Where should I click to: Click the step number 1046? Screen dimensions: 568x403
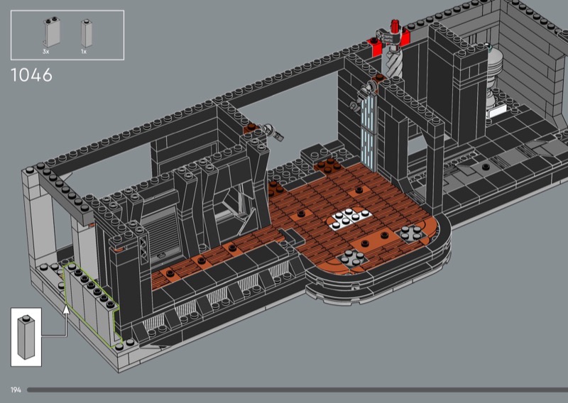tap(31, 75)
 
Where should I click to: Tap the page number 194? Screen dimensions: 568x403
tap(16, 390)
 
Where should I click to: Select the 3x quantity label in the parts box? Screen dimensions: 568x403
tap(45, 52)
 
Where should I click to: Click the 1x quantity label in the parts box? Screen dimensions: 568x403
tap(84, 52)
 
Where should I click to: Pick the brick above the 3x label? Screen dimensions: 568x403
tap(52, 32)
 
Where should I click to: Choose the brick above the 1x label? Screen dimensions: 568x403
tap(86, 33)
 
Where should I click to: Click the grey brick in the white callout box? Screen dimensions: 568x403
tap(26, 337)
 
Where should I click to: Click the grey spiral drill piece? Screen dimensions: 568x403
tap(394, 62)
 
